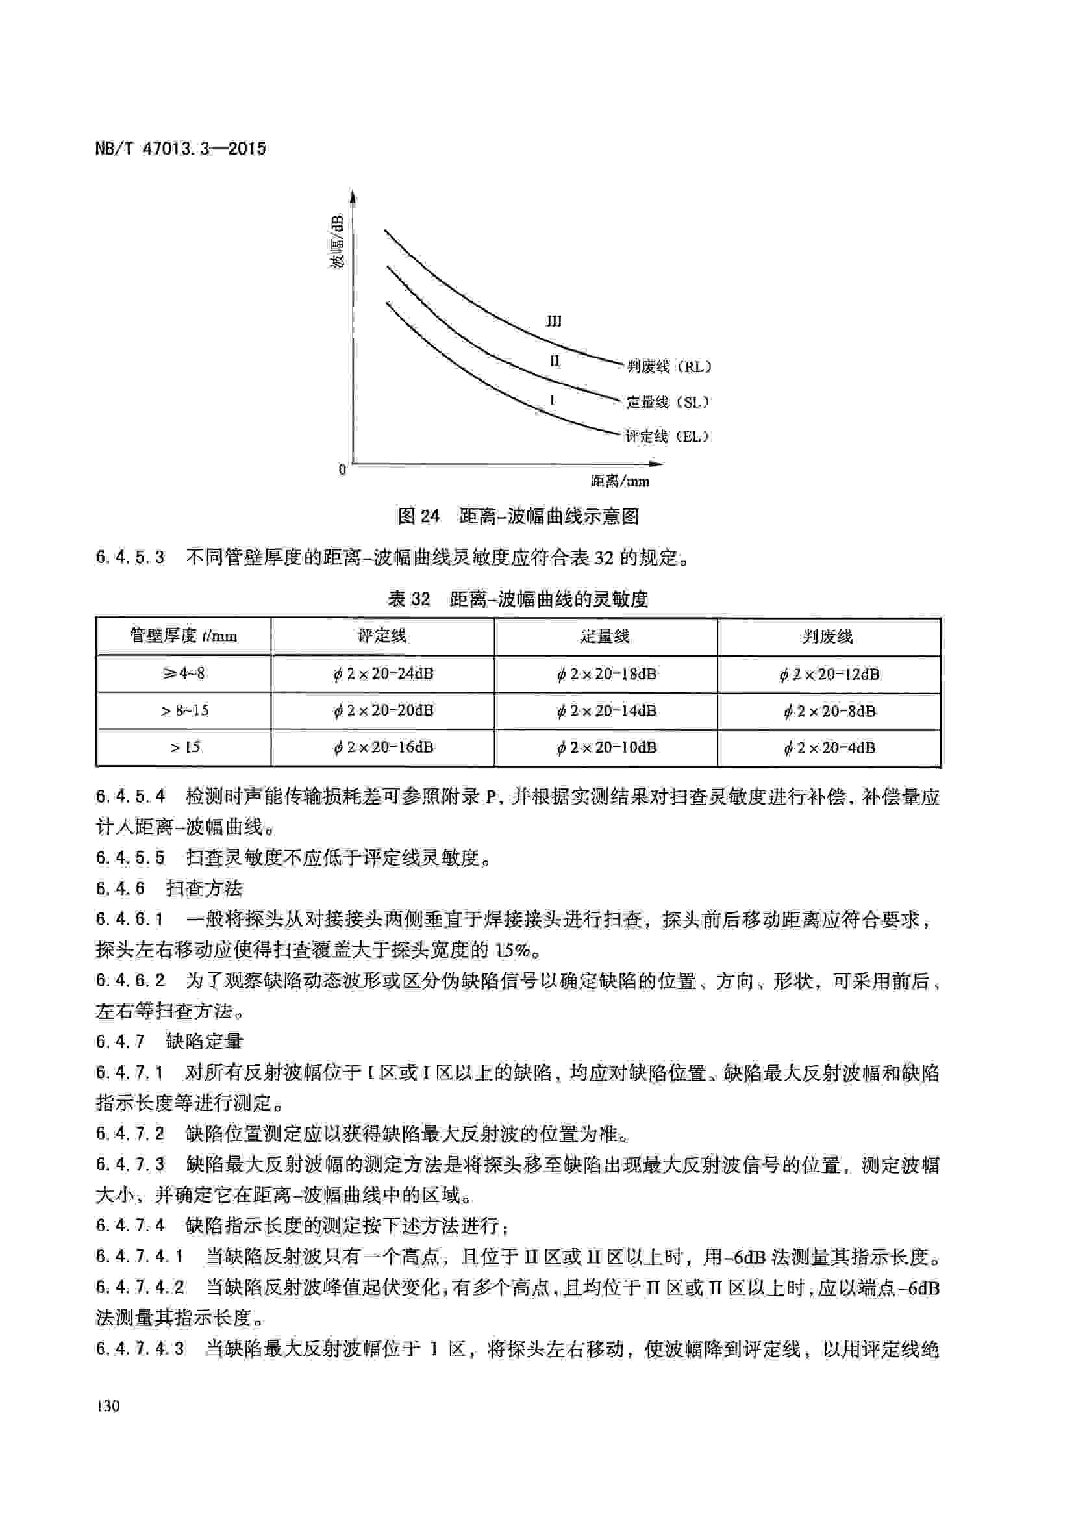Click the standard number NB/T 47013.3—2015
point(180,148)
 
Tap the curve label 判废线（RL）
point(669,366)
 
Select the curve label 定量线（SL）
point(668,401)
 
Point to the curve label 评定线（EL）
point(667,436)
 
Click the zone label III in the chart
point(553,321)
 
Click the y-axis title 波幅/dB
point(337,242)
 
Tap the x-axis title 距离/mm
point(619,482)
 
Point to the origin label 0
point(342,470)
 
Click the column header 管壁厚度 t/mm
point(183,636)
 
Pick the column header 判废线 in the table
point(828,636)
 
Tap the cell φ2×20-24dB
point(383,674)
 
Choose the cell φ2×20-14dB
point(606,711)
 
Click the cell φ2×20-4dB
point(829,748)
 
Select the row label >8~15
point(184,711)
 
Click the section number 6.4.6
point(119,888)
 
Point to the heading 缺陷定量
point(205,1041)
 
